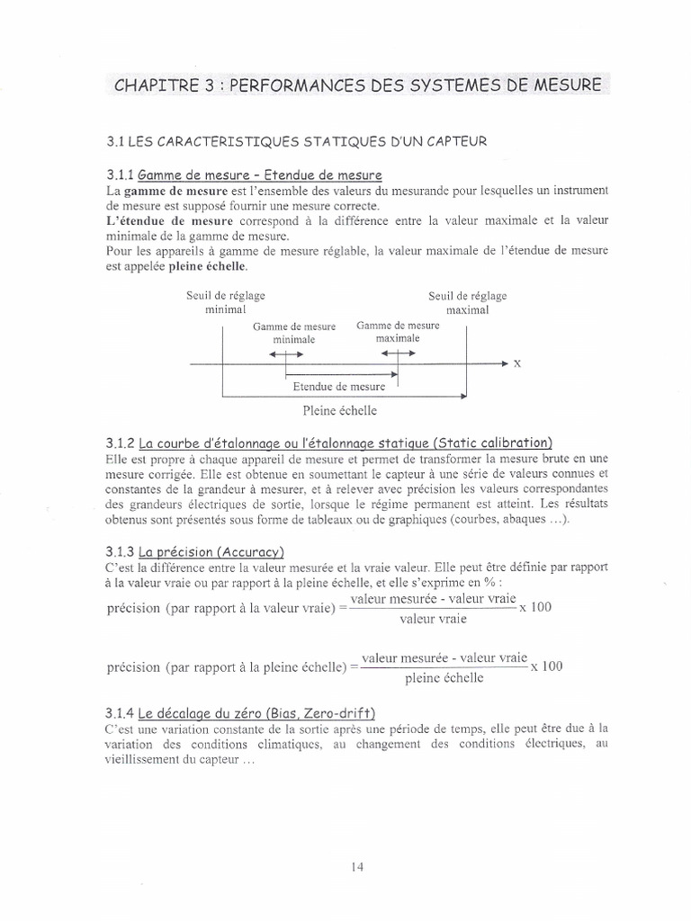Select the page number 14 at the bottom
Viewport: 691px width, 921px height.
pyautogui.click(x=358, y=867)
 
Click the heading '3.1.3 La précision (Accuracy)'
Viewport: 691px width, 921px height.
pyautogui.click(x=193, y=551)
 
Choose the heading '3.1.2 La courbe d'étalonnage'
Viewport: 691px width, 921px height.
pyautogui.click(x=328, y=443)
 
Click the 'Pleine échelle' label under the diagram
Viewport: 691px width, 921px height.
pyautogui.click(x=340, y=410)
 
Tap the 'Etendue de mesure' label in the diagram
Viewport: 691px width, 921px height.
pyautogui.click(x=339, y=387)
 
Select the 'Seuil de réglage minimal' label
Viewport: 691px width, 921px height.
pyautogui.click(x=220, y=302)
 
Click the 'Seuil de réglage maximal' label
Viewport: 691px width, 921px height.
pyautogui.click(x=467, y=302)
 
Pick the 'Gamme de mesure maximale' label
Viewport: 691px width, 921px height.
pyautogui.click(x=398, y=332)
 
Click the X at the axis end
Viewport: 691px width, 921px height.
pyautogui.click(x=516, y=363)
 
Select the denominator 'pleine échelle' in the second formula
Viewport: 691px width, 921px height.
pyautogui.click(x=443, y=677)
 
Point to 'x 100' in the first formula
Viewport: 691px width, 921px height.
pyautogui.click(x=535, y=608)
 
